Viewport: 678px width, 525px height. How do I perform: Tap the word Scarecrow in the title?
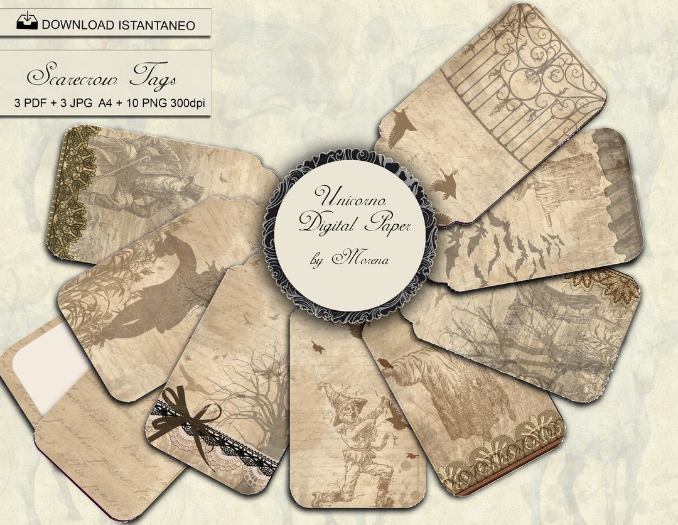70,77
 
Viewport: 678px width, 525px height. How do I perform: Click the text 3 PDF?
31,102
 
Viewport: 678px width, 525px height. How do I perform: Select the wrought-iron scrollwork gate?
527,82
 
